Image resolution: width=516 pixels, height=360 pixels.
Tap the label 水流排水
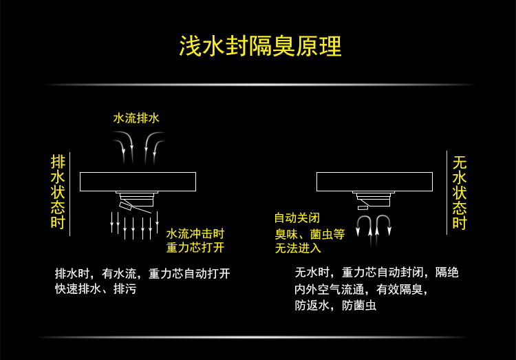[136, 118]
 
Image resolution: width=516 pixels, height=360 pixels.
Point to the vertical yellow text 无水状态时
[460, 193]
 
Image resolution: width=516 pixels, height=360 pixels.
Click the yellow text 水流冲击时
[195, 233]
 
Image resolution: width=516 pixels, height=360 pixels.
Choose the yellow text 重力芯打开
[195, 247]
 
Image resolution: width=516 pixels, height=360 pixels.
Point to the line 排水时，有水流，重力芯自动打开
[142, 273]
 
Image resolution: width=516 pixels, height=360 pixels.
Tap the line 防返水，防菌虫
[335, 305]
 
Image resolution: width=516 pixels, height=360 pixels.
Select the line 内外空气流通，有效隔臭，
[361, 289]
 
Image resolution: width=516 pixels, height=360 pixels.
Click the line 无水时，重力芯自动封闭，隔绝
[376, 273]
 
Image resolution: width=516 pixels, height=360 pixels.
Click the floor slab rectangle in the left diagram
[138, 181]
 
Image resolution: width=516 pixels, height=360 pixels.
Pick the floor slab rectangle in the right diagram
[374, 181]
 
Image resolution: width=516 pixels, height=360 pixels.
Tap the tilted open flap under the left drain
[128, 206]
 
